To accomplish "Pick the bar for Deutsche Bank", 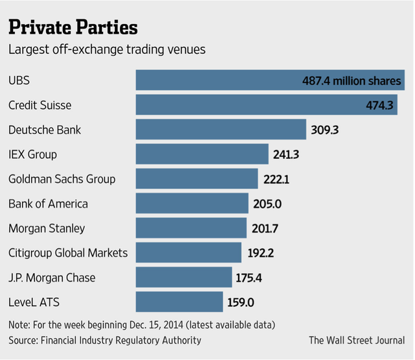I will [220, 130].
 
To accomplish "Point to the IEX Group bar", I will [202, 154].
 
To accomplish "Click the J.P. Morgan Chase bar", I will [184, 278].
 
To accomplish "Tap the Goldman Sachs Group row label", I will [62, 179].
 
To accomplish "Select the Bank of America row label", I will [48, 204].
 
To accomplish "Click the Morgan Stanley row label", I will [47, 228].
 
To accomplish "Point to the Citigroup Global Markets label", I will [68, 253].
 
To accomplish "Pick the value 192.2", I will [261, 254].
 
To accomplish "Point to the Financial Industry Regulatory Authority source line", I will [105, 340].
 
